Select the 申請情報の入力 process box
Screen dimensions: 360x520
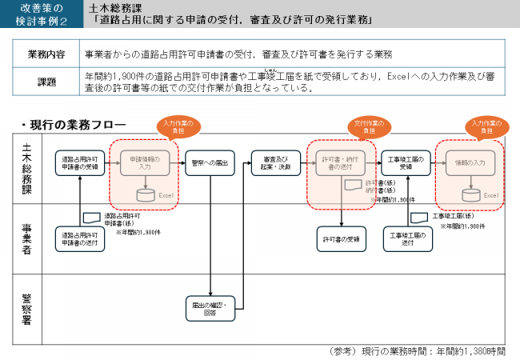pyautogui.click(x=145, y=163)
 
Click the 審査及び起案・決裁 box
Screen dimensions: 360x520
pyautogui.click(x=275, y=163)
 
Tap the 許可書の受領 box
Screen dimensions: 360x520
pyautogui.click(x=341, y=239)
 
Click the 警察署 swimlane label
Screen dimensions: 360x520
pyautogui.click(x=26, y=309)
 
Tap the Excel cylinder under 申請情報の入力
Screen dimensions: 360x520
pyautogui.click(x=145, y=194)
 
